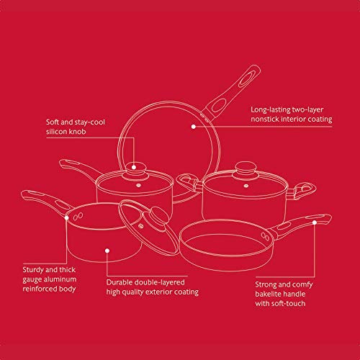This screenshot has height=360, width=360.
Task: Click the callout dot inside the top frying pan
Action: pos(193,126)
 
